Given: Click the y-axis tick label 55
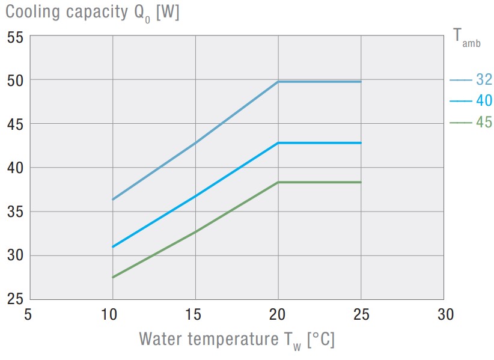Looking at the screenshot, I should click(14, 37).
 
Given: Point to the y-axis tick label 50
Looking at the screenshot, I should click(14, 80).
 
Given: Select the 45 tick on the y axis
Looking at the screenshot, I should click(14, 124).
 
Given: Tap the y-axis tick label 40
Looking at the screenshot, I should click(14, 168).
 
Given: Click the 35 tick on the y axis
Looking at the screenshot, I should click(14, 212).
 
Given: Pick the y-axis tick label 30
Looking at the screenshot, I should click(14, 255).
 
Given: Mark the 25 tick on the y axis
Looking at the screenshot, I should click(14, 299).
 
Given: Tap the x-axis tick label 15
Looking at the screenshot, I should click(195, 314).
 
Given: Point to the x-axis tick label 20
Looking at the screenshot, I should click(278, 314).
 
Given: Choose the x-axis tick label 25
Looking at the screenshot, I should click(361, 314).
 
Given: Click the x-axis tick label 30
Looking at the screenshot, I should click(444, 314).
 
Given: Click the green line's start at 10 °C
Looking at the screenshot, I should click(113, 277).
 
